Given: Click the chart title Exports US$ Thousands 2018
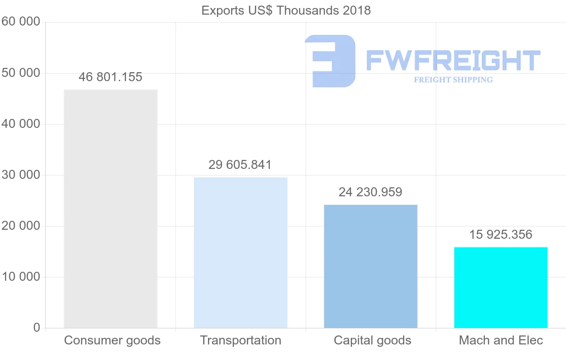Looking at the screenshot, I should (x=286, y=10).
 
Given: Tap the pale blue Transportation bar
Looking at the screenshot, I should (x=241, y=252).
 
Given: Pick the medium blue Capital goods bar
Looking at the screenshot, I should (x=371, y=266).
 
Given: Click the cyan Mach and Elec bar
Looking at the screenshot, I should (x=501, y=287).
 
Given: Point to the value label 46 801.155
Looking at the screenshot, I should (x=110, y=77).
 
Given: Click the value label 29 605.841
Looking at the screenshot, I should (x=240, y=165).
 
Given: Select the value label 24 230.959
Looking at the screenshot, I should (x=370, y=193).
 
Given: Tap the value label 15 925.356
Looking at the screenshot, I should (x=500, y=235).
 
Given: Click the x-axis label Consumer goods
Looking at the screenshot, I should (x=112, y=340).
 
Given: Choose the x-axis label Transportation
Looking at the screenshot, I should (x=241, y=340).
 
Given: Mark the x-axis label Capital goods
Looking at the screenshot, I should (x=373, y=340).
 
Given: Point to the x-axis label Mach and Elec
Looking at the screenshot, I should (x=501, y=340).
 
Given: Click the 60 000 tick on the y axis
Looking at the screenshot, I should (x=21, y=22).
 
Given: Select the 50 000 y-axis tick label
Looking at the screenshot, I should (x=21, y=73).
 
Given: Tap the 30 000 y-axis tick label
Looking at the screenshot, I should (x=21, y=175).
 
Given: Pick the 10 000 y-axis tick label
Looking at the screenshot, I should (x=21, y=277).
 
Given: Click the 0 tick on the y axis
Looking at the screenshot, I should (x=37, y=328).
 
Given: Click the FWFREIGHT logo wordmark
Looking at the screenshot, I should (x=453, y=61).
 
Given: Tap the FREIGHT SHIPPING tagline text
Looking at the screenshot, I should (x=453, y=80).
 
